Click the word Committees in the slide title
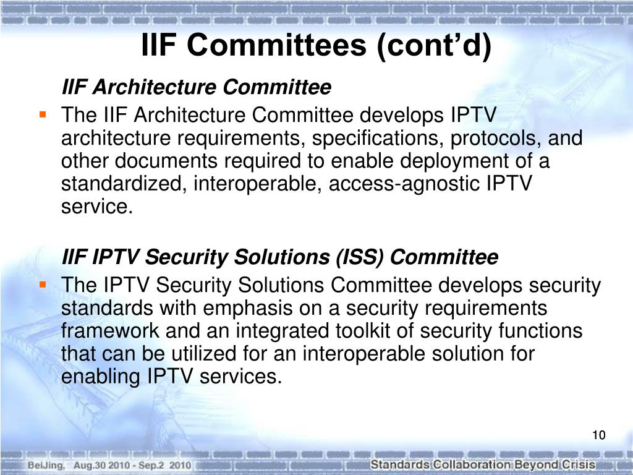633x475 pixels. click(x=276, y=45)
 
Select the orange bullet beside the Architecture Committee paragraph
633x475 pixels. click(x=43, y=114)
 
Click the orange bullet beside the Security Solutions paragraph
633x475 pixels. click(x=43, y=285)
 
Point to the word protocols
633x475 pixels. click(x=496, y=139)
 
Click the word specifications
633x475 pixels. click(x=375, y=139)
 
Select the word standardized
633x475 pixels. click(x=124, y=184)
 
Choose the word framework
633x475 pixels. click(x=110, y=331)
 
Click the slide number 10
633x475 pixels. click(x=598, y=435)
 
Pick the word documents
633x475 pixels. click(x=166, y=161)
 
